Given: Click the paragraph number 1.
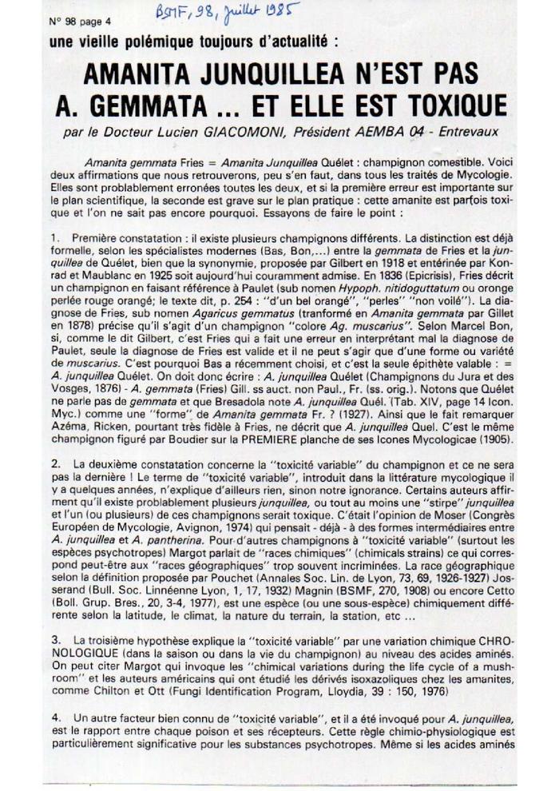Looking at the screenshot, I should (54, 238).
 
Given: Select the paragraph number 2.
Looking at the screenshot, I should (54, 463).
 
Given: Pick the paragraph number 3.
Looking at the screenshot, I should (54, 642).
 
